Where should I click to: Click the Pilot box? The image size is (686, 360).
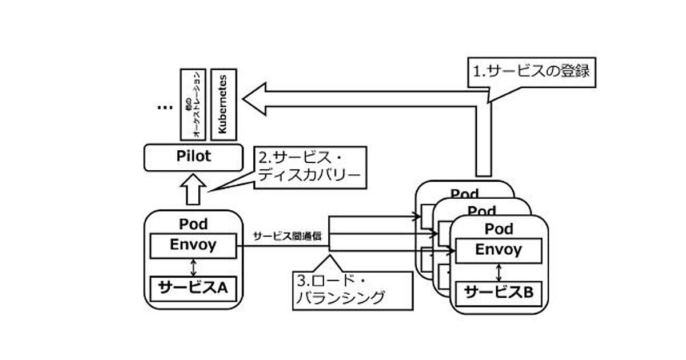point(194,157)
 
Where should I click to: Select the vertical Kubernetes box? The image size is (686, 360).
point(223,105)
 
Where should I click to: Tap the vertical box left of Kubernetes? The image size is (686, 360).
point(193,105)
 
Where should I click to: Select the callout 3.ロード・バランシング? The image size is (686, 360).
point(352,290)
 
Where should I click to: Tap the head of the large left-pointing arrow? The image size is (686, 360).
point(255,99)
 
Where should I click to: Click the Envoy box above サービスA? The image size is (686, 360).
point(193,246)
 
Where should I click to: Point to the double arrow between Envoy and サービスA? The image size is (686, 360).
point(193,267)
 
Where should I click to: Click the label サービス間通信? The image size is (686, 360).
point(287,236)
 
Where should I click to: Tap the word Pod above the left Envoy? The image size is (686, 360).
point(193,224)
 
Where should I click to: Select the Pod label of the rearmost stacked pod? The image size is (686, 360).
point(465,194)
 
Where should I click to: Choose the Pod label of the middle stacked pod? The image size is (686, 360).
point(482,211)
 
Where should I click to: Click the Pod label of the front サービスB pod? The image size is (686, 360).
point(498,229)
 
